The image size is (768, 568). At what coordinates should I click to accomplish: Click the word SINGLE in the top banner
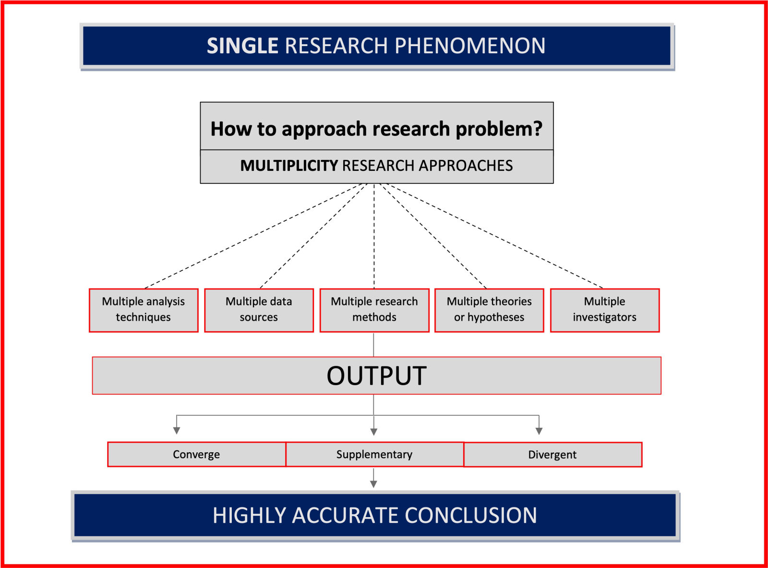[x=242, y=46]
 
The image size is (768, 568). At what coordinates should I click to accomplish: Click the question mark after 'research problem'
[x=537, y=129]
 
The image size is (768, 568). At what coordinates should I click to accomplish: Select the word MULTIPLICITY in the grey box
[x=289, y=166]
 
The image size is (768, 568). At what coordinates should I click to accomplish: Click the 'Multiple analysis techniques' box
[x=144, y=310]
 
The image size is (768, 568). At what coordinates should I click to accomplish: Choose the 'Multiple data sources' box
[x=259, y=310]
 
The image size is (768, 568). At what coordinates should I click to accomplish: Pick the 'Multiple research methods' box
[x=374, y=310]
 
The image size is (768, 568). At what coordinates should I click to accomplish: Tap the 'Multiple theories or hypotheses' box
[x=489, y=310]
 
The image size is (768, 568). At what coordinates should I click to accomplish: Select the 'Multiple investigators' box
[x=604, y=310]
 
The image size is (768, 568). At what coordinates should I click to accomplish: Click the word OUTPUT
[x=376, y=375]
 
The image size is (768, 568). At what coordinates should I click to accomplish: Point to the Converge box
[x=196, y=454]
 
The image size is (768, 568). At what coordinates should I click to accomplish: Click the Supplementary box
[x=374, y=454]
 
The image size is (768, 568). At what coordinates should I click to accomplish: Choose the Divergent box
[x=552, y=454]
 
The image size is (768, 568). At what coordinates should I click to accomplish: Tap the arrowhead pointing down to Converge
[x=177, y=430]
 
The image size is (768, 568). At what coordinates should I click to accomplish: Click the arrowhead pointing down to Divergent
[x=539, y=431]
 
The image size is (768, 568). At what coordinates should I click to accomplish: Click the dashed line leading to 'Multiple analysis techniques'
[x=254, y=235]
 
